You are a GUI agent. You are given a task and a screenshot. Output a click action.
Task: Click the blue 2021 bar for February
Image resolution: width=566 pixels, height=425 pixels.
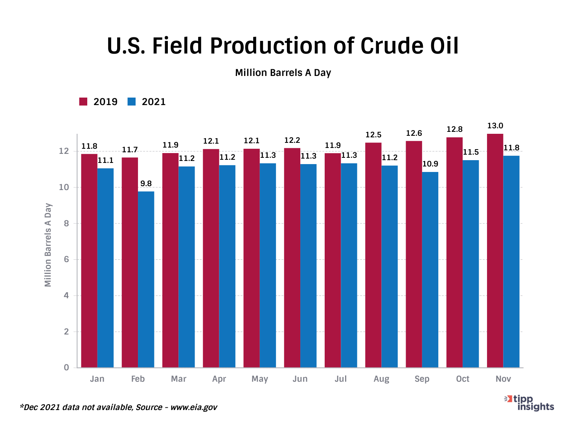pyautogui.click(x=146, y=279)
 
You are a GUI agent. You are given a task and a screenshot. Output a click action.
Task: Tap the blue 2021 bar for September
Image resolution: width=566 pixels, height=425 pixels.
pyautogui.click(x=430, y=270)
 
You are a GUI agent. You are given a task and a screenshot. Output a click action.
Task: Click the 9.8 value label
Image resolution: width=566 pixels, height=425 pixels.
pyautogui.click(x=146, y=184)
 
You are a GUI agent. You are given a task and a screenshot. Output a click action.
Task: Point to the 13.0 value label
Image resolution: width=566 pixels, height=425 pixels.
pyautogui.click(x=495, y=126)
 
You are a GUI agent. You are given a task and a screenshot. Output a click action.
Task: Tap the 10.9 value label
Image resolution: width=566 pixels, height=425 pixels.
pyautogui.click(x=430, y=164)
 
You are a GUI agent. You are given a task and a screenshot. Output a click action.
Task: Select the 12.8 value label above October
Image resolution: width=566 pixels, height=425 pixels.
pyautogui.click(x=454, y=129)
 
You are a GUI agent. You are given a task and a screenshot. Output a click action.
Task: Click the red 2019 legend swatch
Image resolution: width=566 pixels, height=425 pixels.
pyautogui.click(x=83, y=102)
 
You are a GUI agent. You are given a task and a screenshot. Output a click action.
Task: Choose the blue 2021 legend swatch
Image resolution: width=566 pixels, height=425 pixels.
pyautogui.click(x=132, y=102)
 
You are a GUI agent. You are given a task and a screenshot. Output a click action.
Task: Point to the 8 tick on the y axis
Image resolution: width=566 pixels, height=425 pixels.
pyautogui.click(x=66, y=224)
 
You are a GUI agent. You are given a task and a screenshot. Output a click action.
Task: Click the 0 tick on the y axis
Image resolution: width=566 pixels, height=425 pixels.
pyautogui.click(x=66, y=368)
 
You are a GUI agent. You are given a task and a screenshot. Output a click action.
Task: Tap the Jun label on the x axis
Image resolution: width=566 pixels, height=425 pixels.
pyautogui.click(x=300, y=379)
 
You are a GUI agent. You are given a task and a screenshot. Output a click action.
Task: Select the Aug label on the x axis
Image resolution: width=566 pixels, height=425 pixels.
pyautogui.click(x=381, y=379)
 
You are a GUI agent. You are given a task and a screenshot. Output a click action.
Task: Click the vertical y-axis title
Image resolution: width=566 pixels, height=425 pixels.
pyautogui.click(x=48, y=245)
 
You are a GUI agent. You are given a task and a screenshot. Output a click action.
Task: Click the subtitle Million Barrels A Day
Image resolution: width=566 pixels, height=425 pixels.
pyautogui.click(x=283, y=73)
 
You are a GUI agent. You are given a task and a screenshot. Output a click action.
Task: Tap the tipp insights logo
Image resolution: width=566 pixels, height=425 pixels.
pyautogui.click(x=531, y=403)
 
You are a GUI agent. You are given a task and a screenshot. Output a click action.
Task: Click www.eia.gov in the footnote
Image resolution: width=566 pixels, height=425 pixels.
pyautogui.click(x=193, y=407)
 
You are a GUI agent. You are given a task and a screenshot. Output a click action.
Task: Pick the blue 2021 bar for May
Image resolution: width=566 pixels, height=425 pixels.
pyautogui.click(x=268, y=266)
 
